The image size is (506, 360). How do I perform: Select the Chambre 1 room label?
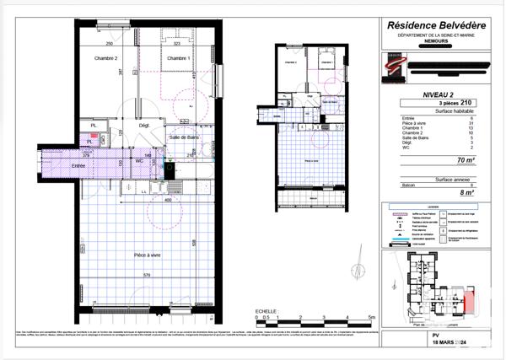point(177,58)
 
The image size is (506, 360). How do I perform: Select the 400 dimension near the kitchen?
point(168,201)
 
